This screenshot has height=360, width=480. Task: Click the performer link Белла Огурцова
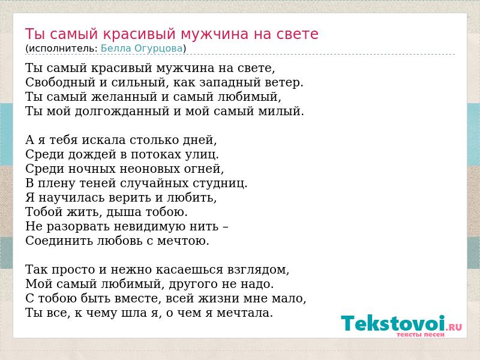[142, 49]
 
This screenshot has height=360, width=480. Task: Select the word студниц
[220, 183]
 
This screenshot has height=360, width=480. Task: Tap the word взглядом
[258, 269]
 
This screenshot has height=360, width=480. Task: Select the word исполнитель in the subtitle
[64, 49]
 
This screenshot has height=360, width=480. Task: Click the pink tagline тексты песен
[420, 335]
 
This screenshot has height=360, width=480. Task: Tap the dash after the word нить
[226, 227]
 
